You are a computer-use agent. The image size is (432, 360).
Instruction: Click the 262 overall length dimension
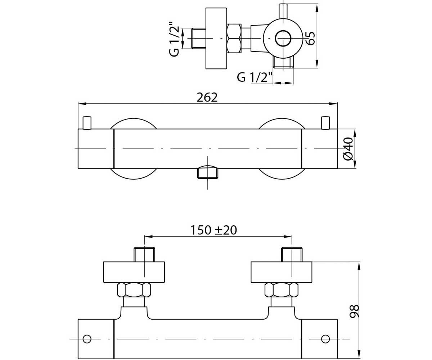[x=207, y=98]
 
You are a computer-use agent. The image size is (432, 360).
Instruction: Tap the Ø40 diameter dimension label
[x=348, y=149]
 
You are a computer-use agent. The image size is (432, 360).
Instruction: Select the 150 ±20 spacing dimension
[x=213, y=230]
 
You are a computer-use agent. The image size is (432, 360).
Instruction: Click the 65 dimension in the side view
[x=310, y=38]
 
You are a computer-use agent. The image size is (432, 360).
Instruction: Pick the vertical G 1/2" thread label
[x=174, y=39]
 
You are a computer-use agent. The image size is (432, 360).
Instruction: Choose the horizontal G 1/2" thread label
[x=254, y=78]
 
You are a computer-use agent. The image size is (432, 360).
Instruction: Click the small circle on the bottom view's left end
[x=87, y=339]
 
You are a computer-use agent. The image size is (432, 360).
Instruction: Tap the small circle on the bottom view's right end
[x=325, y=339]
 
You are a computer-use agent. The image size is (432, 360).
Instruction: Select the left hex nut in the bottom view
[x=134, y=290]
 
